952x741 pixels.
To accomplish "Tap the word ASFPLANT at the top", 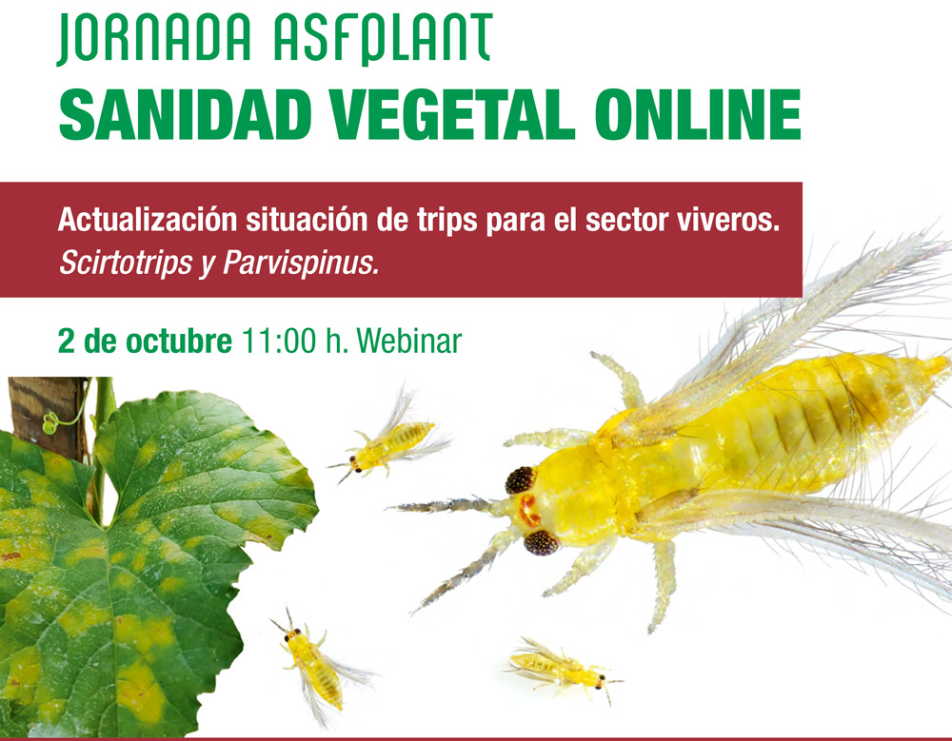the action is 383,38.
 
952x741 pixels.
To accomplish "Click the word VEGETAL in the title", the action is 452,115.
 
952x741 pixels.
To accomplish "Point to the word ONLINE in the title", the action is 698,115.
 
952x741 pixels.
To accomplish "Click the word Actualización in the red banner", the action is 147,221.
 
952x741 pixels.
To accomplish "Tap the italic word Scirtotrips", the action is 126,263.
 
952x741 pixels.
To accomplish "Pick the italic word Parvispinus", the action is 301,263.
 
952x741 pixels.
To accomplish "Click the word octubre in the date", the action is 179,341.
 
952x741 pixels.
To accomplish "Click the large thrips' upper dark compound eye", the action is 521,480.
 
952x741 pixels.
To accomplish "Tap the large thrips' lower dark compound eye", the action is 541,542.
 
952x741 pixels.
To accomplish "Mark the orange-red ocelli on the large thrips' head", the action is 529,511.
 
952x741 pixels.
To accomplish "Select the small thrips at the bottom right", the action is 563,670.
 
